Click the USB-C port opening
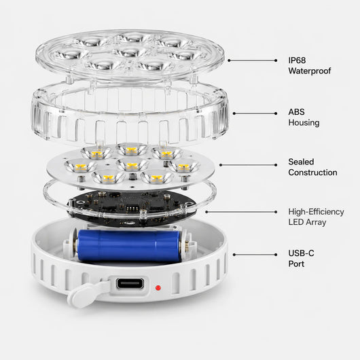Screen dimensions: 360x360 pos(130,283)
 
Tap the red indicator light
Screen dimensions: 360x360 pos(158,288)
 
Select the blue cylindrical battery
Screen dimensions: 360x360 pos(128,246)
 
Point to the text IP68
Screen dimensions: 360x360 pos(297,60)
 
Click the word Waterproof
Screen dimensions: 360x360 pos(310,71)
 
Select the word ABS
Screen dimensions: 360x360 pos(296,112)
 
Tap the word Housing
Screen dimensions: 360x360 pos(304,122)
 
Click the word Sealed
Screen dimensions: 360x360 pos(301,162)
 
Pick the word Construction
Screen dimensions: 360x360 pos(312,173)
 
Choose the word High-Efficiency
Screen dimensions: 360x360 pos(316,212)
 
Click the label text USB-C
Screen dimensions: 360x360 pos(301,253)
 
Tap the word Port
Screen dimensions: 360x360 pos(296,264)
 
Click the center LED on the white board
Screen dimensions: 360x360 pos(132,164)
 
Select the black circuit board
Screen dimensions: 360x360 pos(132,208)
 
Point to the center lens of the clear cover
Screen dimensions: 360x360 pos(130,52)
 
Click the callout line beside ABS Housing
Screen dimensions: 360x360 pos(255,113)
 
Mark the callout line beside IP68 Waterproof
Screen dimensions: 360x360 pos(252,60)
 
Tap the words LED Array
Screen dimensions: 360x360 pos(307,222)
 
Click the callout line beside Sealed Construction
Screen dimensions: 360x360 pos(248,165)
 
